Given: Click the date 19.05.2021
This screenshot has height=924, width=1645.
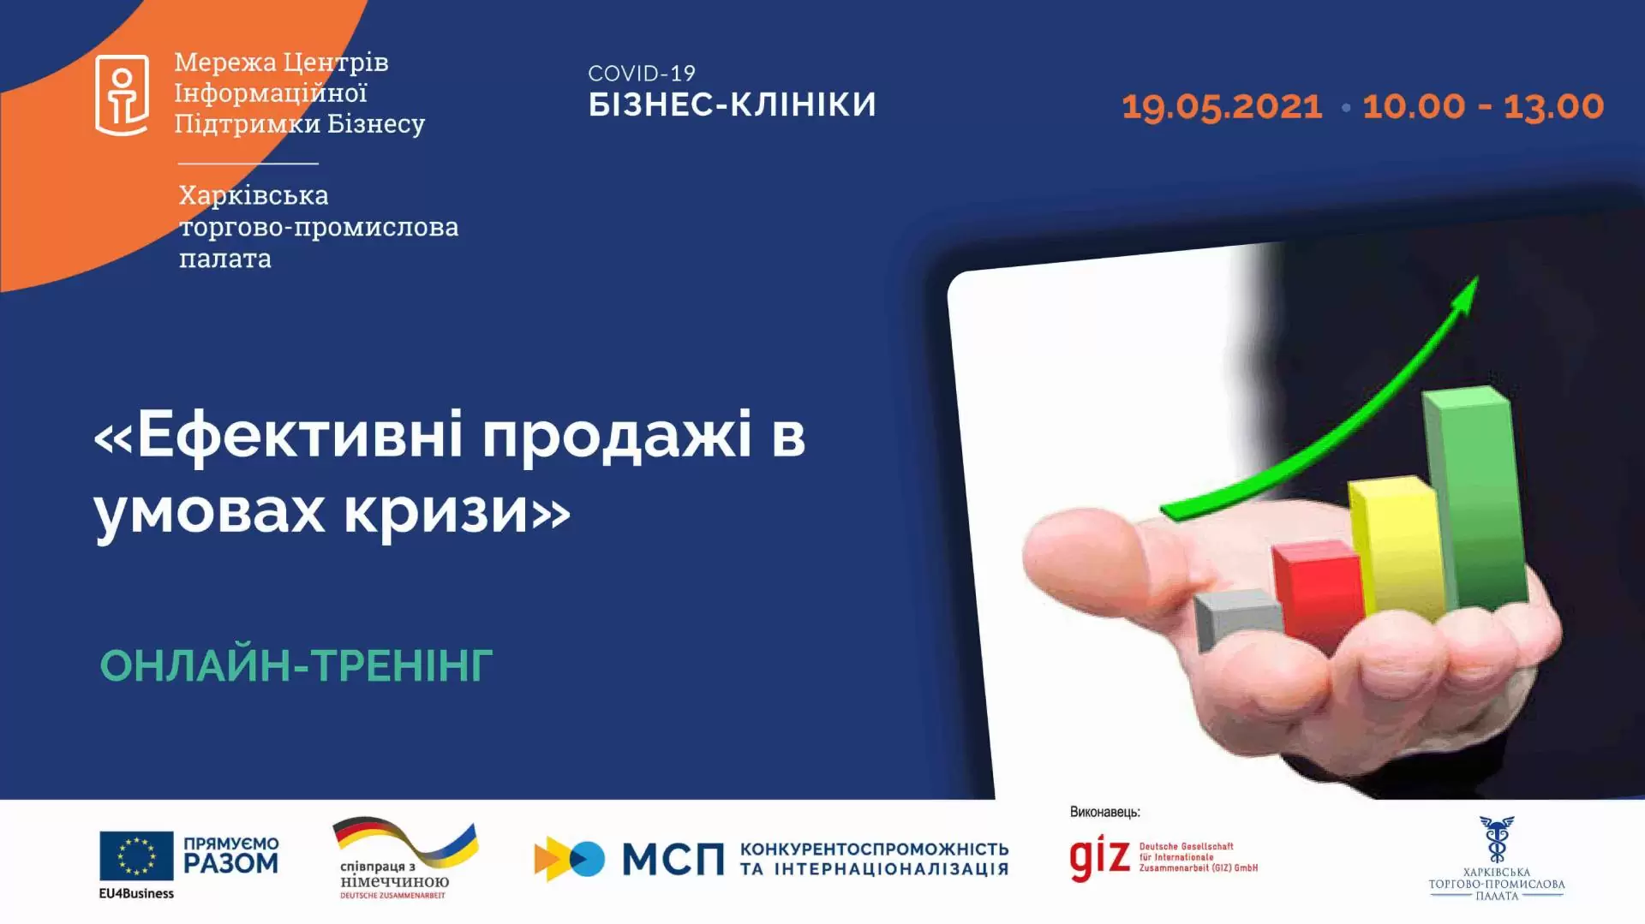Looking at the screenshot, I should tap(1222, 107).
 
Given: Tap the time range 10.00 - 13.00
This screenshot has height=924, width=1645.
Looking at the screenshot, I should tap(1483, 107).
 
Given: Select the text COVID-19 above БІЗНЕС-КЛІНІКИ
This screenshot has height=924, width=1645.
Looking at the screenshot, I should tap(642, 74).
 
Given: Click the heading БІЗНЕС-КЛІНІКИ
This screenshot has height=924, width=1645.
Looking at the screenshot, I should tap(732, 104).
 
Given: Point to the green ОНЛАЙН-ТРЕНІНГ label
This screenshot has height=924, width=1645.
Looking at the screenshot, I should tap(296, 666).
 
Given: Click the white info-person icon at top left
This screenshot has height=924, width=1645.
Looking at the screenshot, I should tap(122, 95).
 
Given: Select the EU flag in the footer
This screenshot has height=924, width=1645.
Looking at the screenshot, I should tap(136, 855).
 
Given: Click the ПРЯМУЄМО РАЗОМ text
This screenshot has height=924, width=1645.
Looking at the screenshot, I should tap(231, 855).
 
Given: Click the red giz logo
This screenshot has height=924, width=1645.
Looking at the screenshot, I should tap(1099, 858).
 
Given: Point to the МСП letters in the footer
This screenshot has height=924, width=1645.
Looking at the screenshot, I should tap(673, 859).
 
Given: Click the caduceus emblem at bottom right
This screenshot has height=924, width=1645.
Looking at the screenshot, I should tap(1496, 838).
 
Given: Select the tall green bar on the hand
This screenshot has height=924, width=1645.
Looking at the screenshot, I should tap(1475, 497).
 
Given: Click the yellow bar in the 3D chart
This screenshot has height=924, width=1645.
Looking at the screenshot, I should tap(1397, 548).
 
